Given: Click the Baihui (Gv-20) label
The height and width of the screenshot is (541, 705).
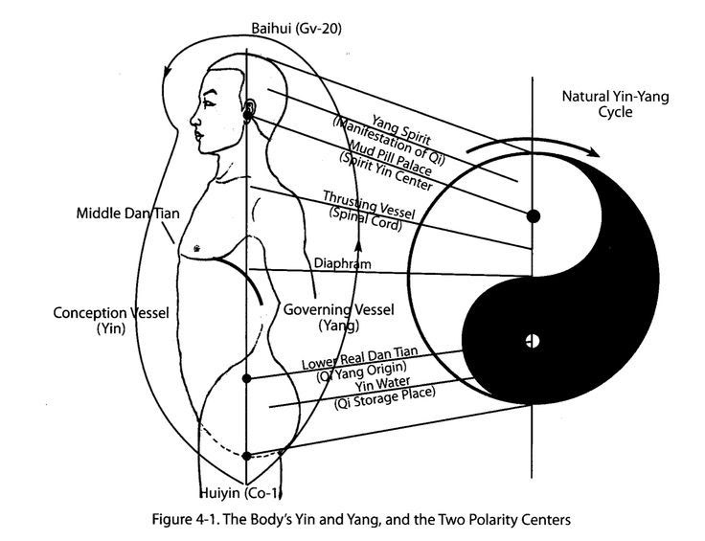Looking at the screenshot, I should (x=296, y=29).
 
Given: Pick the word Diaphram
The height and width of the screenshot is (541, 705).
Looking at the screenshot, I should (x=341, y=263).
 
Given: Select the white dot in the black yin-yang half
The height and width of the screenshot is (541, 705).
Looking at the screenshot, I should (x=533, y=340).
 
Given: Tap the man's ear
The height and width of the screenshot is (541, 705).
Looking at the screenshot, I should (x=250, y=110).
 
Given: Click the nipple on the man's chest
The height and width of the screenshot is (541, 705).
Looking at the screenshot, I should (x=196, y=247).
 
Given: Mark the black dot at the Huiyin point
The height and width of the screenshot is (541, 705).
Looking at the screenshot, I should (x=247, y=456).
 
